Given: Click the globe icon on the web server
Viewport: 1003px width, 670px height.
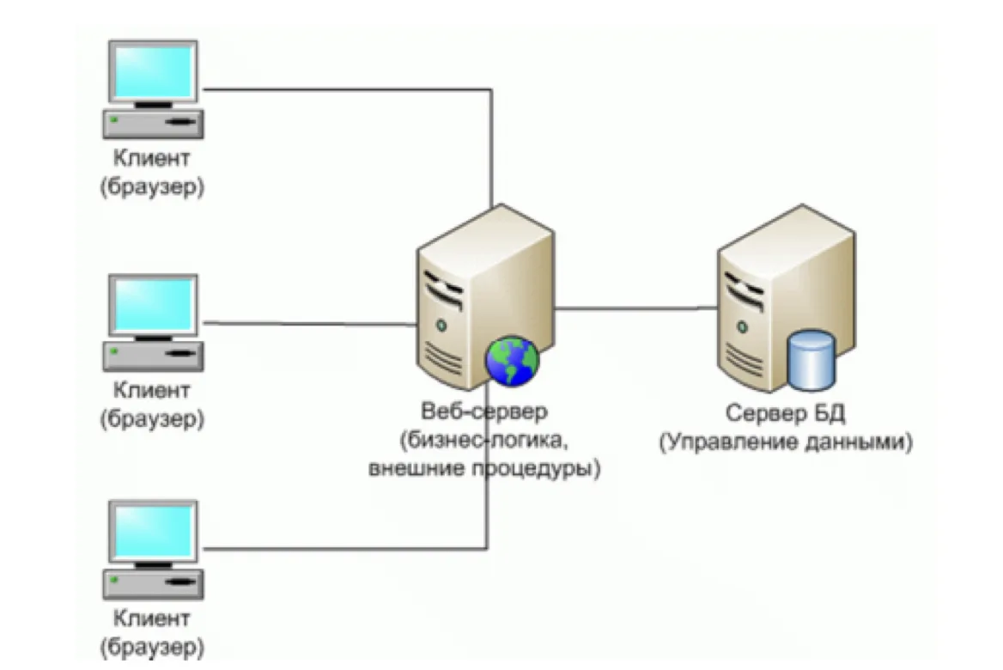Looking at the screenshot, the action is [x=513, y=362].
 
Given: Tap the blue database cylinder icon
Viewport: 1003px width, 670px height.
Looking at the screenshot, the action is [x=812, y=360].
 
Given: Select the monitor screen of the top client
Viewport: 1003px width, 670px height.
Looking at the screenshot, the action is [x=154, y=71].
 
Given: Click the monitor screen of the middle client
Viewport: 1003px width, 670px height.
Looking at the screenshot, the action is [x=154, y=305].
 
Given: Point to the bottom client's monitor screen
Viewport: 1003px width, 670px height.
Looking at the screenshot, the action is [x=154, y=531].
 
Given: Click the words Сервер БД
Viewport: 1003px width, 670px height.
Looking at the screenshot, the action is [x=785, y=413].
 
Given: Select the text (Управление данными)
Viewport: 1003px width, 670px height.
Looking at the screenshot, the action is [x=786, y=442].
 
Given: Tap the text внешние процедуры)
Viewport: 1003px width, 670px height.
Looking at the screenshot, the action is [x=484, y=468].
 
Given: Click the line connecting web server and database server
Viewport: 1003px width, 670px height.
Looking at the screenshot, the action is [x=635, y=308].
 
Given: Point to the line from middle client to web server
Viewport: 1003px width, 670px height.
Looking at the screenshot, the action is [x=310, y=324].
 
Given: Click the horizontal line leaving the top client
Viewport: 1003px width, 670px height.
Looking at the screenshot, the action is [x=347, y=89].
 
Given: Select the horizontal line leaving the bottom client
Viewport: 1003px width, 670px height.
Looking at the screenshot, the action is [x=345, y=548].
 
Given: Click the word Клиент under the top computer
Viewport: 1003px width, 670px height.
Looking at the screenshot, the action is [x=152, y=157].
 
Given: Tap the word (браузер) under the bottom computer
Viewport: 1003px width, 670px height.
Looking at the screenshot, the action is [x=152, y=647].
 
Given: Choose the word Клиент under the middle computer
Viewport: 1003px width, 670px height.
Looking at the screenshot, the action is [x=152, y=390].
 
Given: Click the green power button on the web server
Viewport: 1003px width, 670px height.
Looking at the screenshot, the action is [x=441, y=326].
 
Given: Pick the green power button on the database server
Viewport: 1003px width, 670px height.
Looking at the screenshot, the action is [x=742, y=327].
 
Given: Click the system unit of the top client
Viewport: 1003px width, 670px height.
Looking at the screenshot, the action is [x=154, y=124].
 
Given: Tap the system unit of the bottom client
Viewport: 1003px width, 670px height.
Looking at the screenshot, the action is [x=154, y=583].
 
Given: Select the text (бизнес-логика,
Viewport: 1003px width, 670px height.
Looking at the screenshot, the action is [x=484, y=441].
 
